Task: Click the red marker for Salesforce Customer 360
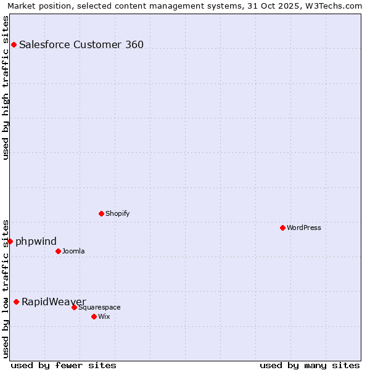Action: [x=14, y=44]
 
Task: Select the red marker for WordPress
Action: [x=282, y=228]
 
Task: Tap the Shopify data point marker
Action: [x=101, y=213]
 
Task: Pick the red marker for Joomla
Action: [x=58, y=251]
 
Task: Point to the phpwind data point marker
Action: [x=10, y=241]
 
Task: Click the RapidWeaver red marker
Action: [x=16, y=302]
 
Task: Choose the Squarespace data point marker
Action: [x=74, y=307]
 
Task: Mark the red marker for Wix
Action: [x=94, y=316]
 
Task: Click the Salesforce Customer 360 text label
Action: [x=81, y=44]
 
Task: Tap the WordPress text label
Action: [x=304, y=228]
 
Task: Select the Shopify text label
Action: [x=117, y=213]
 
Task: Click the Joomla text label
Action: [x=73, y=251]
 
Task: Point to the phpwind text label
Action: [x=36, y=241]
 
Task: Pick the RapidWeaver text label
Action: [x=54, y=302]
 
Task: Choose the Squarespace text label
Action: [x=99, y=307]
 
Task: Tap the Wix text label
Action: [x=104, y=316]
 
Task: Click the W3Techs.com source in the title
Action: [x=332, y=6]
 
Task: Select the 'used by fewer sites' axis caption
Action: [x=64, y=365]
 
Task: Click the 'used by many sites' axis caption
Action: [x=310, y=365]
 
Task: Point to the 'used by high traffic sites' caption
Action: [x=6, y=88]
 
